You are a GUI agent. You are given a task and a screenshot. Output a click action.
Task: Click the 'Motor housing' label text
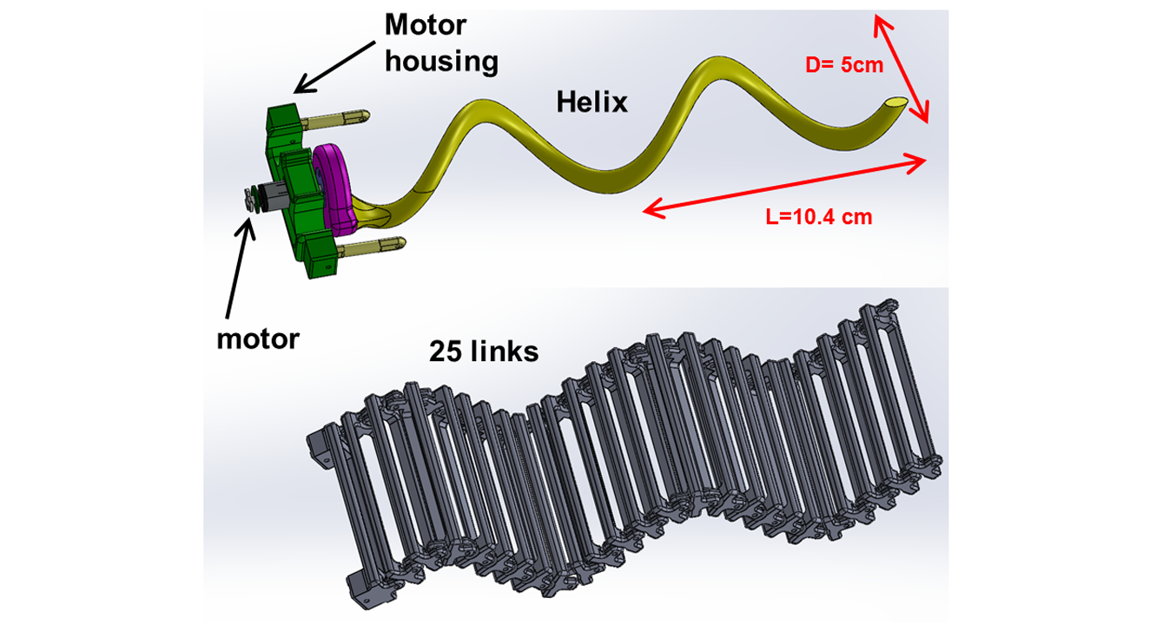(x=441, y=43)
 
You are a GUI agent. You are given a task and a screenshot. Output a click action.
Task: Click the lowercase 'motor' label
(x=258, y=338)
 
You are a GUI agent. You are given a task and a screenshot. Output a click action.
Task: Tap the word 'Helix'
(x=591, y=102)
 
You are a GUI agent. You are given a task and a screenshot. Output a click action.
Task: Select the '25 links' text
(x=484, y=352)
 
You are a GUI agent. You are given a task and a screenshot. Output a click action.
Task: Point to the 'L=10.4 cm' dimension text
(x=819, y=218)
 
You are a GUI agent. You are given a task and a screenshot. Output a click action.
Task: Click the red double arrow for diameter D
(x=902, y=69)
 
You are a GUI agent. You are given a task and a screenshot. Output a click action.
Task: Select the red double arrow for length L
(x=786, y=184)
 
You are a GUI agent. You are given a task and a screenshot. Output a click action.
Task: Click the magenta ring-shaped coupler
(x=334, y=187)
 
